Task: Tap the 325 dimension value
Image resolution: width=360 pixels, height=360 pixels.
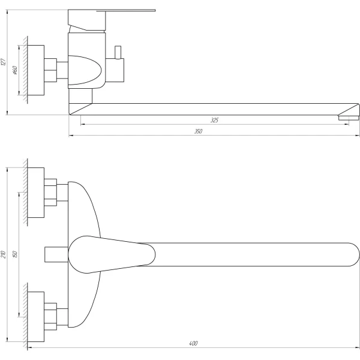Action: point(214,121)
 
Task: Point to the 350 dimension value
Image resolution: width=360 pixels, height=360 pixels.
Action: point(199,131)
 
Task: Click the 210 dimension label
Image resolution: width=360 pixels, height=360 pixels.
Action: point(4,254)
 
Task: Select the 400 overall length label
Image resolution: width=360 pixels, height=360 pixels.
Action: point(193,344)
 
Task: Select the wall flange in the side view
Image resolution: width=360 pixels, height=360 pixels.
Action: point(37,70)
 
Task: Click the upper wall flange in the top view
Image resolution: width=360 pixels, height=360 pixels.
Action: point(36,193)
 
